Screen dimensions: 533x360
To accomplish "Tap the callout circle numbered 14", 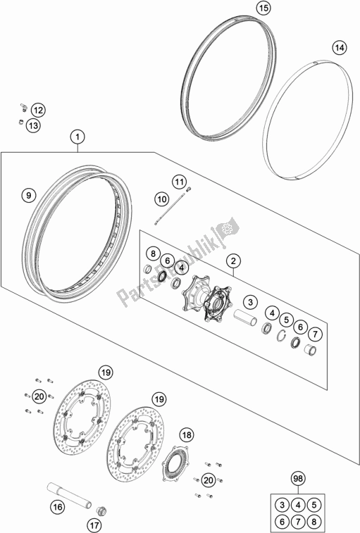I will point(340,48).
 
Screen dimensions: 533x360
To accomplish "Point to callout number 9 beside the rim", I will point(28,194).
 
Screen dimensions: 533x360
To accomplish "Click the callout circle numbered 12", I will point(37,110).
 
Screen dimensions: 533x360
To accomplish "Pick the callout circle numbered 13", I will point(35,125).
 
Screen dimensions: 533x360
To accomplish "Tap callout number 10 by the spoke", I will point(161,199).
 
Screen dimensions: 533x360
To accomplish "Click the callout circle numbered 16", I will point(56,506).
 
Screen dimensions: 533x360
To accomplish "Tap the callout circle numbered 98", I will point(299,479).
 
